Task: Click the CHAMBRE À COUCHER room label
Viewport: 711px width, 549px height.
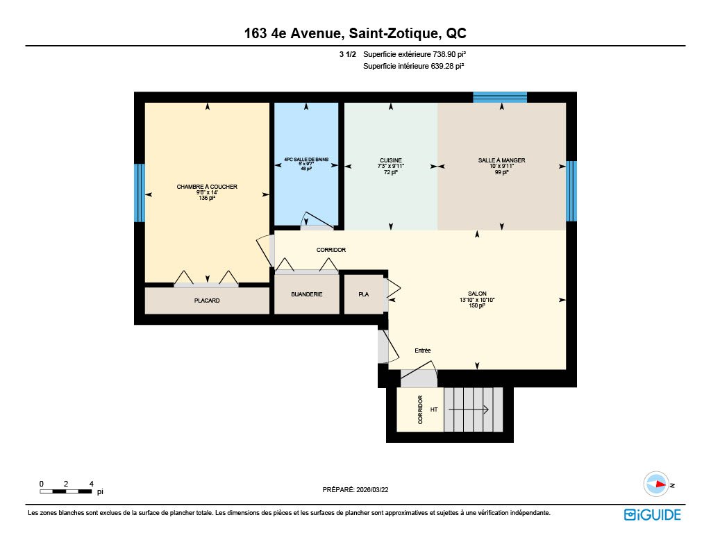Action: coord(207,186)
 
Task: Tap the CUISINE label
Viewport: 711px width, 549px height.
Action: coord(390,160)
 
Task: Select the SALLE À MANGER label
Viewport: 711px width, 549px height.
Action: coord(501,160)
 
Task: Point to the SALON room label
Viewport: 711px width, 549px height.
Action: coord(477,294)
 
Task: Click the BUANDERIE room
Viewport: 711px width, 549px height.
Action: coord(306,294)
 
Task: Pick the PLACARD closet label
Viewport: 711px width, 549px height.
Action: coord(207,301)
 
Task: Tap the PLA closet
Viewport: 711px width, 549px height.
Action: coord(364,294)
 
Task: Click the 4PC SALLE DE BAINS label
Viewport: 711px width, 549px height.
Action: coord(306,160)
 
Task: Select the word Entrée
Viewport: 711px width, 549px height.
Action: coord(423,350)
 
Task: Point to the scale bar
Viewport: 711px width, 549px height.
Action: coord(66,491)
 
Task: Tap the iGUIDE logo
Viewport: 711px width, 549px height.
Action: coord(653,514)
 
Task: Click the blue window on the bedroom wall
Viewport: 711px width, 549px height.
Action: coord(140,193)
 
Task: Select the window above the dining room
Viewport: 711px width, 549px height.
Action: coord(500,97)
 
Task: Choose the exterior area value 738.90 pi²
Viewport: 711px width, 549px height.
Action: coord(449,54)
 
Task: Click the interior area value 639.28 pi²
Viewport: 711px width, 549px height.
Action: coord(447,66)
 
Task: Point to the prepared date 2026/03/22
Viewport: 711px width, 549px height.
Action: coord(372,489)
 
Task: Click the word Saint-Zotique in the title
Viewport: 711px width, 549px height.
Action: coord(394,33)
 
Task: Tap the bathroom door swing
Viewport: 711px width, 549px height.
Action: coord(318,219)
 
